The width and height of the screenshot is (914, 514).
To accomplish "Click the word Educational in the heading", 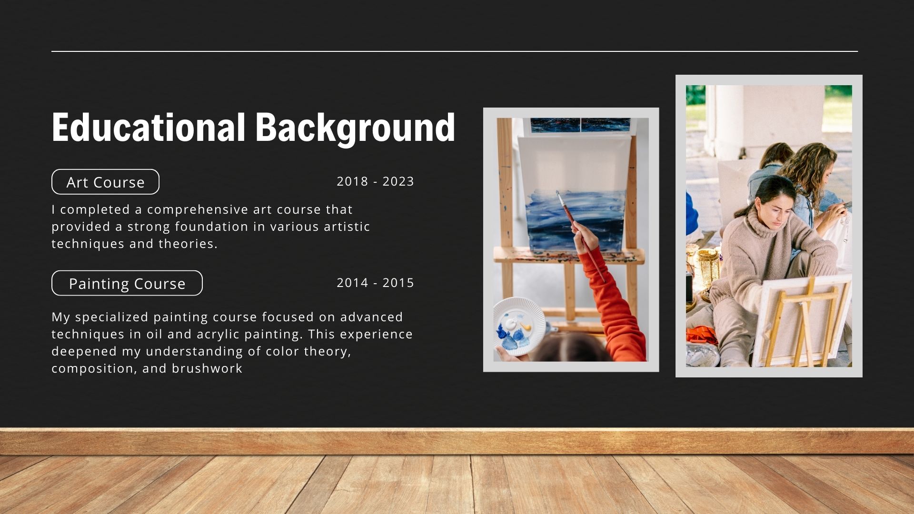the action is (149, 127).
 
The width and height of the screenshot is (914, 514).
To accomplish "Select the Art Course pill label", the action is (105, 182).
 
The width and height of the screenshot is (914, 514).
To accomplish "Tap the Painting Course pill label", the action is (127, 283).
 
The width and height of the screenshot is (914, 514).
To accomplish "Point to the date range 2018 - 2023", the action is (376, 181).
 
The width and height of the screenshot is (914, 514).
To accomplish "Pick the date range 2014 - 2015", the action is (376, 283).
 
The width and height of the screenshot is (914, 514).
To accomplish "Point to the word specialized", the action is (112, 317).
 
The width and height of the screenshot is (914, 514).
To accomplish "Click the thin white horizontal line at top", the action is (455, 51).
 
